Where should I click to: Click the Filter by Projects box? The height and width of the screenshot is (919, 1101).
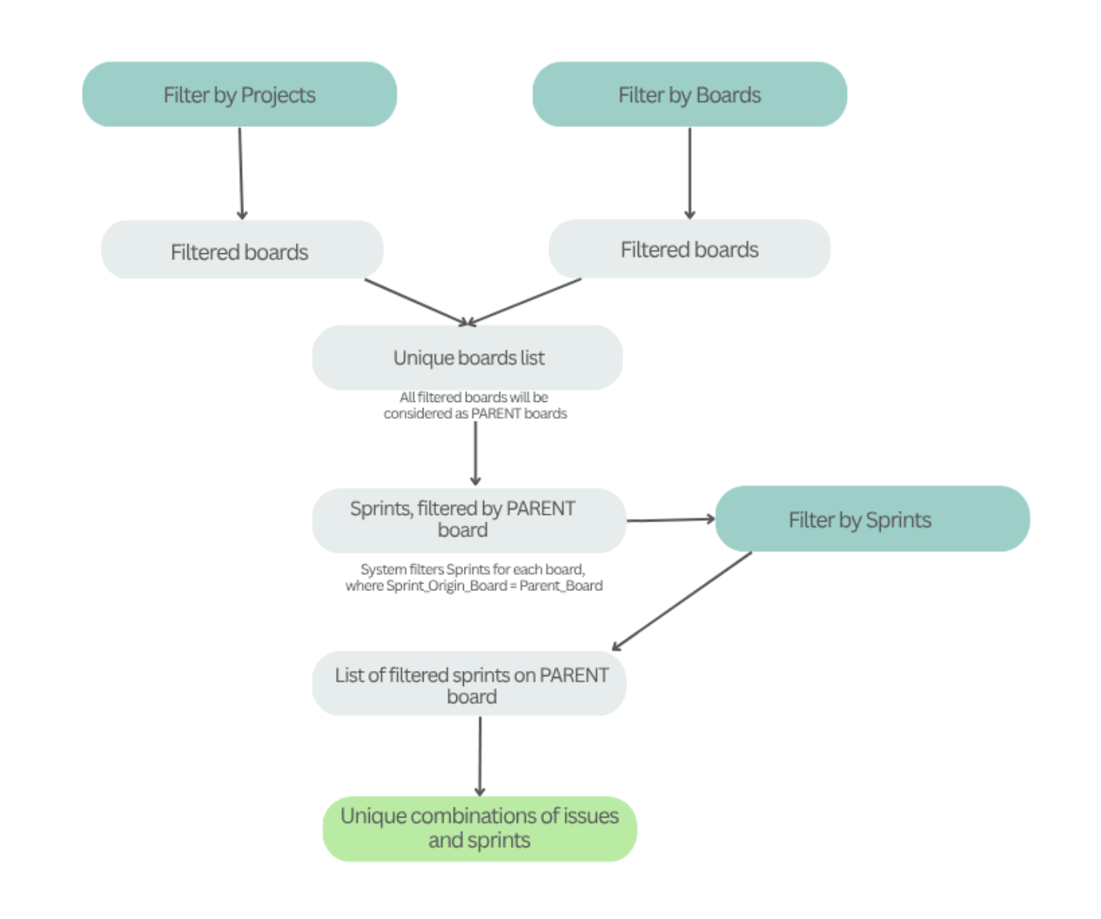(239, 95)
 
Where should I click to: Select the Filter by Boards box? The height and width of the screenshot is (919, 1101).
(689, 95)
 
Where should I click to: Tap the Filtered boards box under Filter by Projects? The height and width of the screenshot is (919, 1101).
(242, 250)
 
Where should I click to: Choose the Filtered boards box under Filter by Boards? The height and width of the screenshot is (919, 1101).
(689, 250)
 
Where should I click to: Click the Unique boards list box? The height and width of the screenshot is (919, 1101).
(468, 358)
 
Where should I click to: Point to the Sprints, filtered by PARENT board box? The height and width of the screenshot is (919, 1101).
(469, 520)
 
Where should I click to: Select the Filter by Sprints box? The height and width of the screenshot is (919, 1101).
(872, 519)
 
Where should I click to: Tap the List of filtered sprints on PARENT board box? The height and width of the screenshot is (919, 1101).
(469, 684)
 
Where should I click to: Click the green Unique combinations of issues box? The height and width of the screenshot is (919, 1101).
(480, 828)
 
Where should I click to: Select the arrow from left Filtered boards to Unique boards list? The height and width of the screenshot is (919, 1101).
(415, 302)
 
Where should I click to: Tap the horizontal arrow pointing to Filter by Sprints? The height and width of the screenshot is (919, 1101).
(671, 519)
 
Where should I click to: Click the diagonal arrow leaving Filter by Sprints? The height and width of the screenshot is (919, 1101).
(681, 601)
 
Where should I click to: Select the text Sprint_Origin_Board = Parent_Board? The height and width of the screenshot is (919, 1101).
(494, 586)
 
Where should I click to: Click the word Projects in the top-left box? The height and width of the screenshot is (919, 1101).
(278, 95)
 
